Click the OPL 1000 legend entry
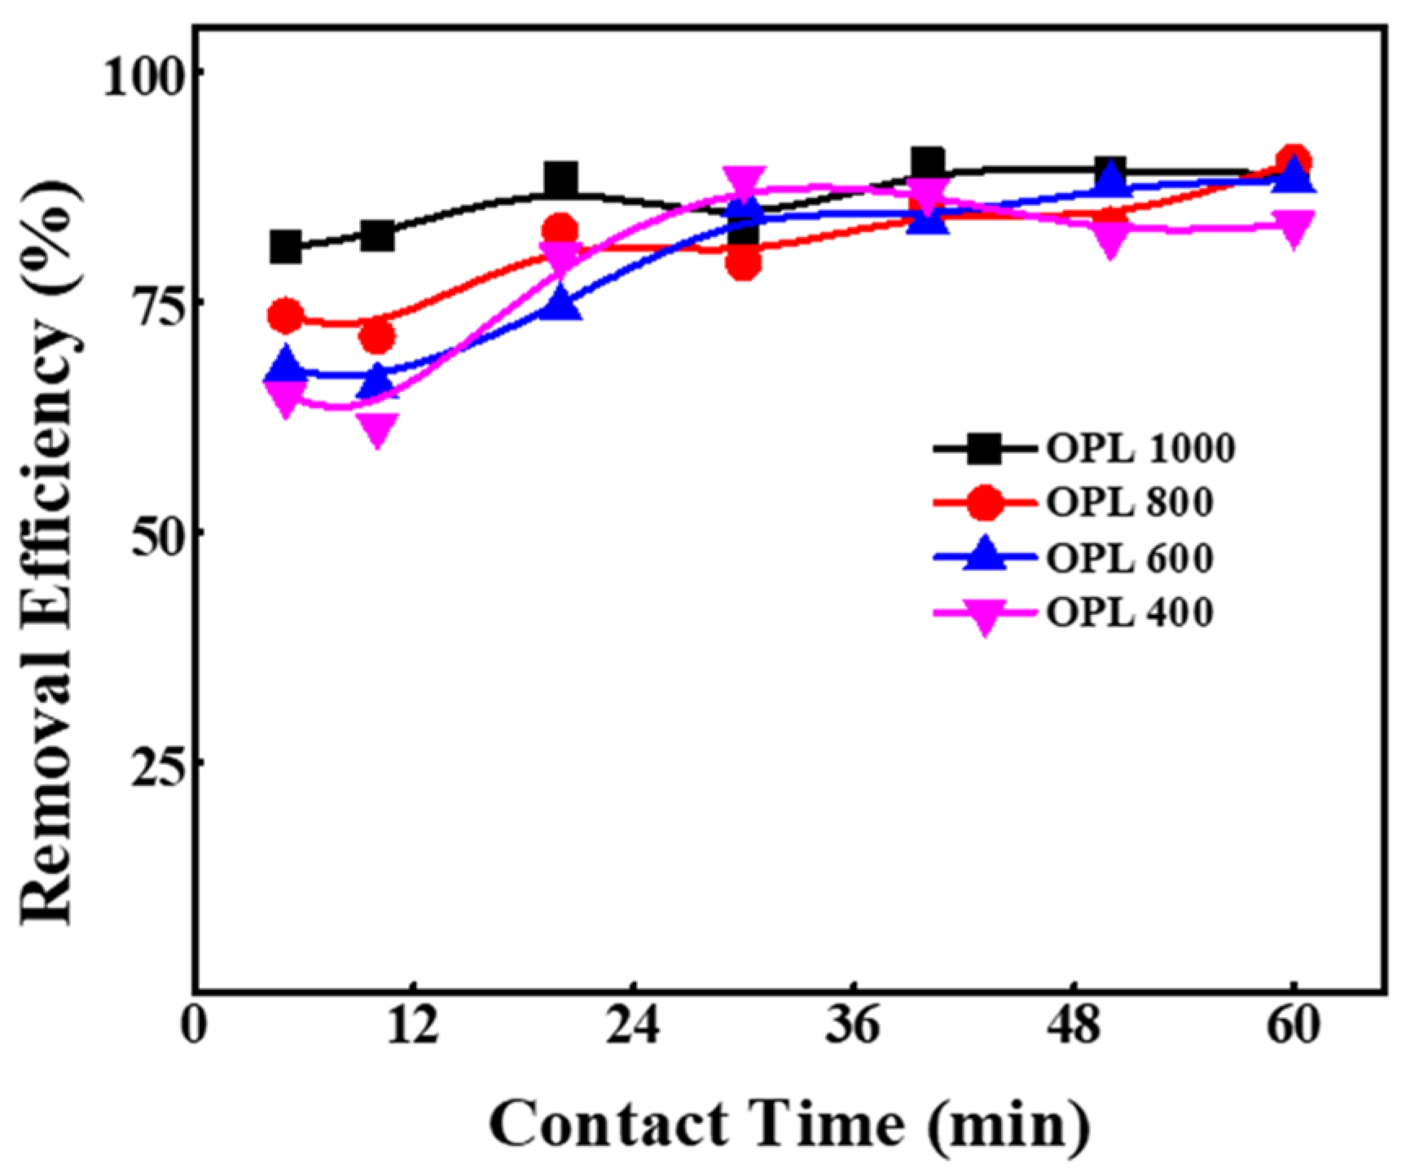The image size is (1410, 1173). (x=1140, y=448)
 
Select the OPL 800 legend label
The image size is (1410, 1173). (x=1129, y=503)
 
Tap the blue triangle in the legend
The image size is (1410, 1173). (x=985, y=554)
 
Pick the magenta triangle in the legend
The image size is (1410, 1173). (x=985, y=616)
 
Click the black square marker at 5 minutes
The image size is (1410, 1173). (x=285, y=247)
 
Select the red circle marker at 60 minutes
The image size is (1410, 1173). (x=1293, y=161)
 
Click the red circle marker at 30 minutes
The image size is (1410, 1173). (x=743, y=263)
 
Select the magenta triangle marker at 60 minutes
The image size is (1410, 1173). (x=1293, y=226)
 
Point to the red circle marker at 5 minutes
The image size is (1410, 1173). (x=285, y=316)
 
